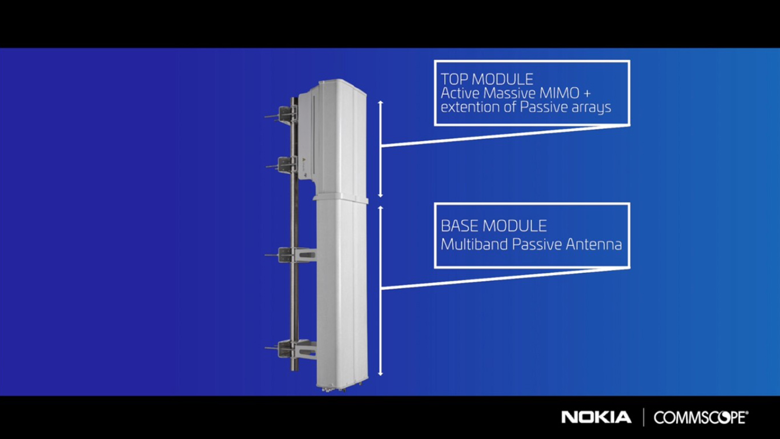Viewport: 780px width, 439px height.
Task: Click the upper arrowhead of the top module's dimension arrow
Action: (381, 102)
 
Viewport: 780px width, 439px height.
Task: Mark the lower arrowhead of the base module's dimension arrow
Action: (381, 375)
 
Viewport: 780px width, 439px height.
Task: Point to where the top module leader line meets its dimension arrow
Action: (381, 146)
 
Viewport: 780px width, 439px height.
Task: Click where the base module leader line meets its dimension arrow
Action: (381, 288)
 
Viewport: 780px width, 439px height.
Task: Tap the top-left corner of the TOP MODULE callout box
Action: (435, 61)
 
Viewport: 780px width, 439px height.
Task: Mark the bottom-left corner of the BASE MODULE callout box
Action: (435, 268)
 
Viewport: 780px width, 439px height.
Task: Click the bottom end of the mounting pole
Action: (295, 370)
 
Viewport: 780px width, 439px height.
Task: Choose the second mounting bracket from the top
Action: (282, 165)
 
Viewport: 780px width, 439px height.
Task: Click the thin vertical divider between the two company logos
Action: (643, 417)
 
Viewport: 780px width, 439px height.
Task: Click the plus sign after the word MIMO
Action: (587, 93)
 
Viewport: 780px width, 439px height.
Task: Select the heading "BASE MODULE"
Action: (494, 226)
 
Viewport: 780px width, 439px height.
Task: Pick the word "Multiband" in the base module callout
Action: (475, 244)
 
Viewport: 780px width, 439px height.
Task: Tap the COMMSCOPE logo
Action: (701, 417)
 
